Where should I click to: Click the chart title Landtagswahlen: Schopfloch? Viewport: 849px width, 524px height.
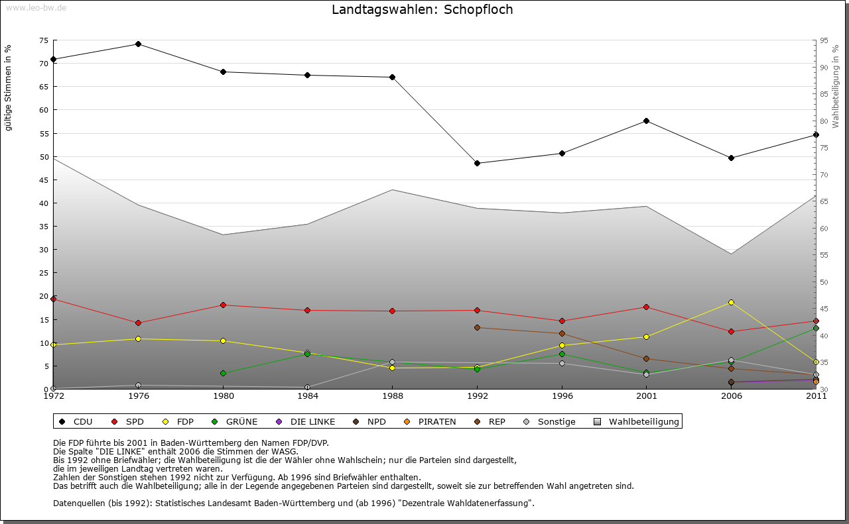pos(422,10)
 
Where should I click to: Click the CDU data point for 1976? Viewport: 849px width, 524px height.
pos(138,44)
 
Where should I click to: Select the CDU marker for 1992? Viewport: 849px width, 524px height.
pos(477,163)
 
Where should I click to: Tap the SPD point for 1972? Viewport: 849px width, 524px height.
pos(53,299)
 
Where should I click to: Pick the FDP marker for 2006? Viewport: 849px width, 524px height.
pos(731,302)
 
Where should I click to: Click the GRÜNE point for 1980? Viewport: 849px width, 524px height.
pos(223,373)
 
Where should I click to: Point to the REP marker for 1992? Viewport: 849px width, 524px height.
pos(477,327)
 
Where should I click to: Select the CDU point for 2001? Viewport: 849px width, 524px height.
pos(646,121)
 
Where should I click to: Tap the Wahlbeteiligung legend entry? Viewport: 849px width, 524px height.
pos(636,421)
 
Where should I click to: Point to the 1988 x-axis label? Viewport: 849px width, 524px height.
pos(393,396)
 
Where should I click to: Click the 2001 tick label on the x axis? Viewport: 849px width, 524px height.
pos(646,396)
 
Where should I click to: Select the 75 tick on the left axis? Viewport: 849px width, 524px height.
pos(44,40)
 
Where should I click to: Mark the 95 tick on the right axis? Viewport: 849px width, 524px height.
pos(824,40)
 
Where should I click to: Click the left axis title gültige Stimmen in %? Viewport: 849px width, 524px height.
pos(9,88)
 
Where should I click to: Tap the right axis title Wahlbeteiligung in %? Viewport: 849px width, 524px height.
pos(836,86)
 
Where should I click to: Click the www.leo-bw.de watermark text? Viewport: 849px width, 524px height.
pos(36,7)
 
